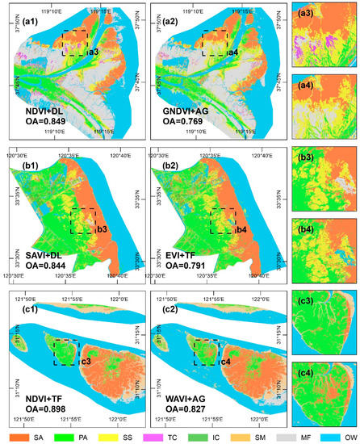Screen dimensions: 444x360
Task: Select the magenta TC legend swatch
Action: (x=165, y=435)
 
